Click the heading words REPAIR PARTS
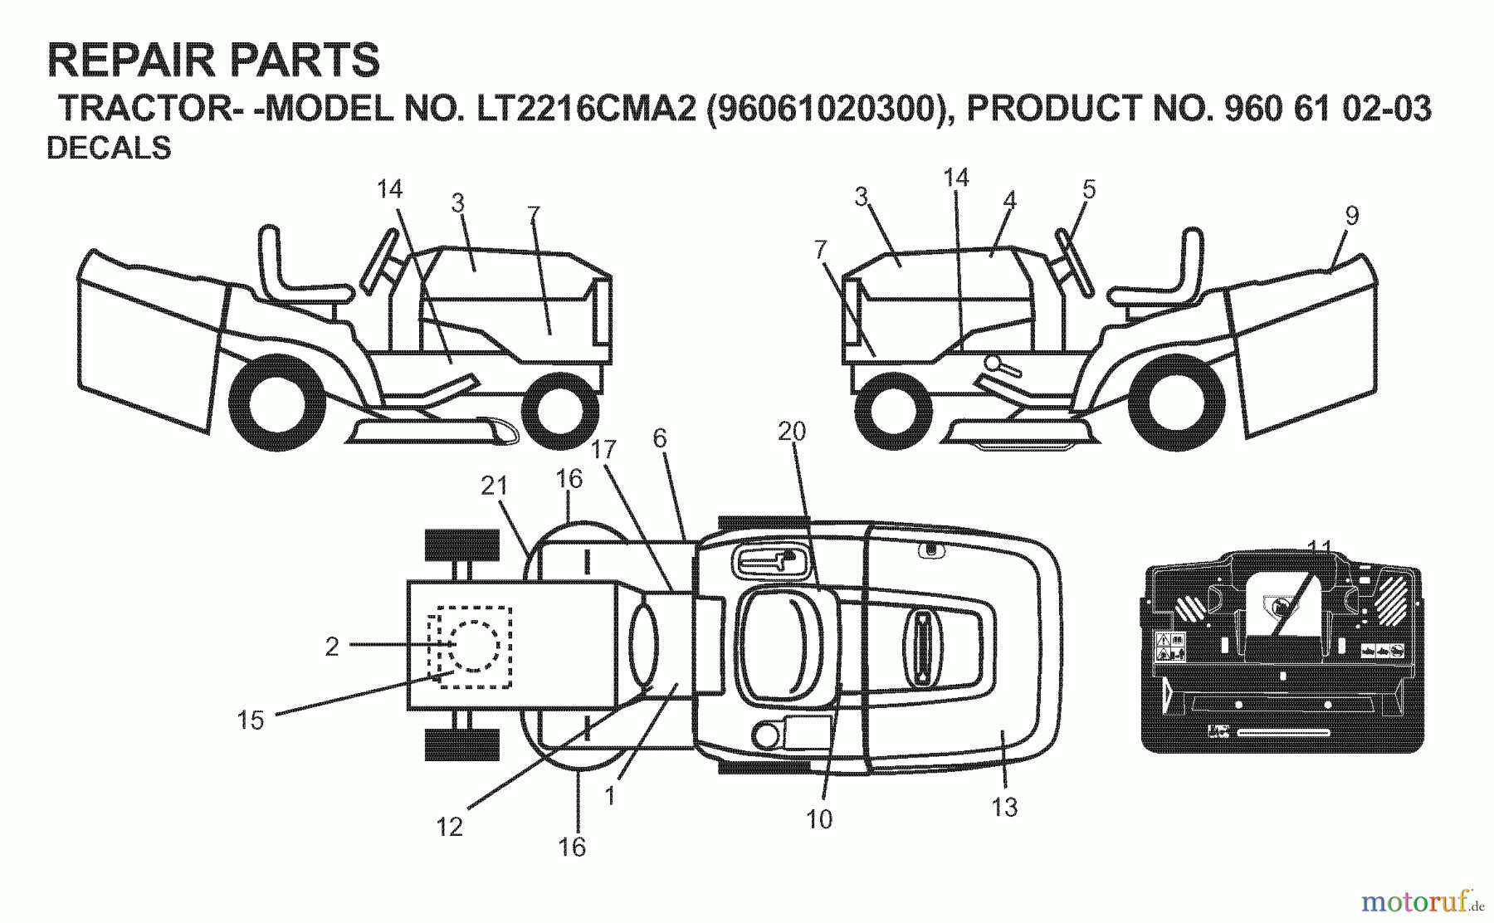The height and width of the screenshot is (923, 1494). pos(213,61)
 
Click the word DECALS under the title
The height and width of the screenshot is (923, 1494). pos(109,148)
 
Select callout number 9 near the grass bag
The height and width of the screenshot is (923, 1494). pos(1351,216)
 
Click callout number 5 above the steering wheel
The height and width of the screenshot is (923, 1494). pos(1089,189)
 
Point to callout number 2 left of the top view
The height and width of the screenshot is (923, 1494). pos(332,647)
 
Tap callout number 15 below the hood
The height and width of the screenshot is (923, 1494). pos(250,720)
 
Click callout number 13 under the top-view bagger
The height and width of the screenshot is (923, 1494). pos(1004,806)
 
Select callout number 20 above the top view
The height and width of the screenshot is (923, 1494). pos(792,431)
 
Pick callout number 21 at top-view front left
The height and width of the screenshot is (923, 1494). pos(494,486)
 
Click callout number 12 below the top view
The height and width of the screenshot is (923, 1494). pos(450,827)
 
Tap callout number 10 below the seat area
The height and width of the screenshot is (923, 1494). pos(818,819)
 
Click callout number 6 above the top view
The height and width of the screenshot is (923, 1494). pos(660,438)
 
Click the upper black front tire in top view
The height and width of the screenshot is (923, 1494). pos(461,545)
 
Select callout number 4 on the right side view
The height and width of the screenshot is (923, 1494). pos(1008,200)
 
